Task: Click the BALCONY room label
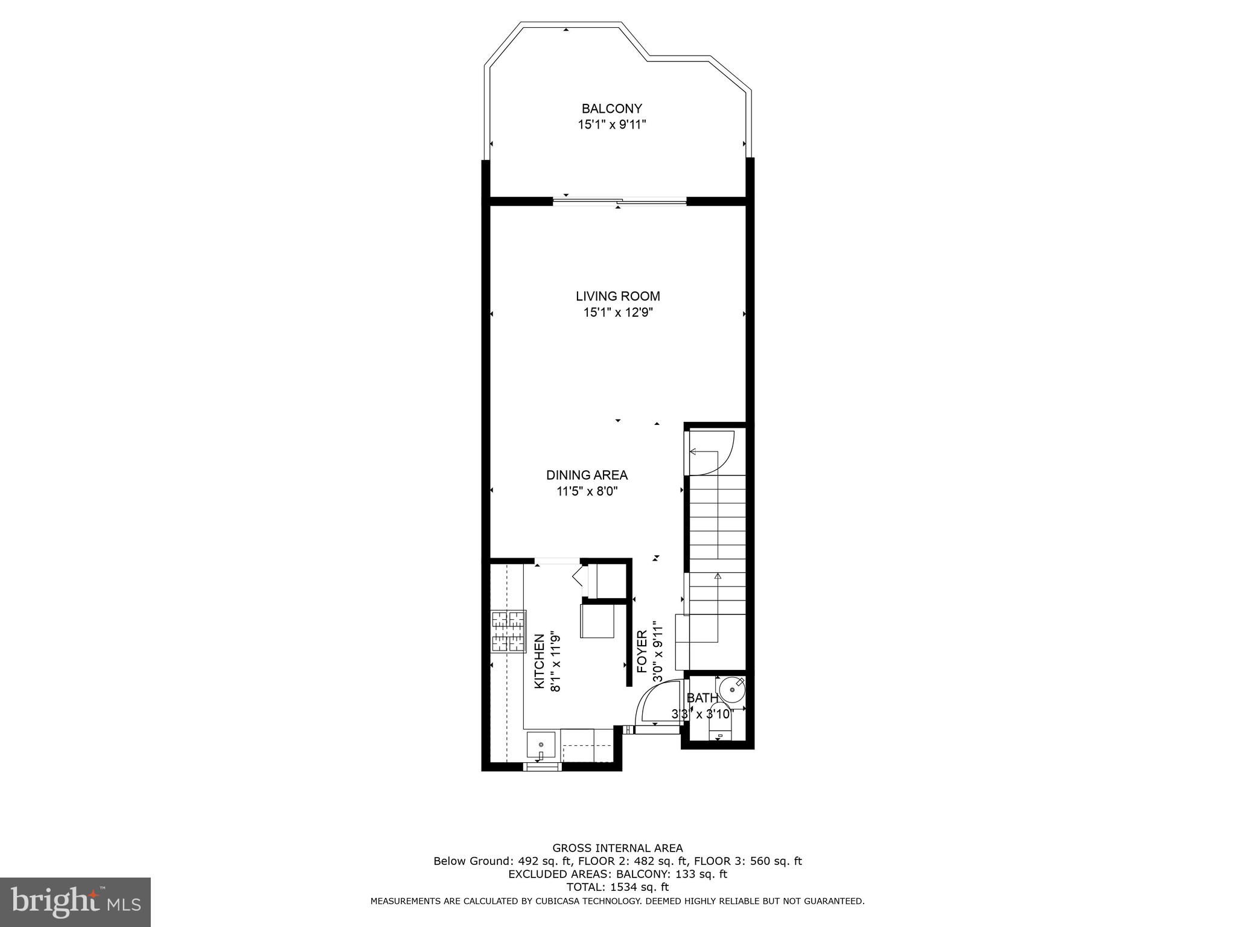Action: [x=611, y=109]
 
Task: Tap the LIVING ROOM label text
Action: [x=617, y=296]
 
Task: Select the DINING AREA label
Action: [x=587, y=476]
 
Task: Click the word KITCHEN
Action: [x=540, y=661]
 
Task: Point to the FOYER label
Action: [x=642, y=651]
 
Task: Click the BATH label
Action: [x=702, y=698]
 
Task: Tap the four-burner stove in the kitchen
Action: [x=509, y=631]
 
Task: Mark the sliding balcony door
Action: [x=620, y=202]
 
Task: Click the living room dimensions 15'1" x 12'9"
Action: [x=617, y=313]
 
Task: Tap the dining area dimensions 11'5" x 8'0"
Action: [x=587, y=491]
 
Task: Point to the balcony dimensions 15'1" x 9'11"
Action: [x=611, y=125]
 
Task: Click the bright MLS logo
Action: [x=75, y=902]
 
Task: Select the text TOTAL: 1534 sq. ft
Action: [x=617, y=887]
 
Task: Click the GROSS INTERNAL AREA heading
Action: [x=617, y=848]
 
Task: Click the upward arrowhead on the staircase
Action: [x=718, y=576]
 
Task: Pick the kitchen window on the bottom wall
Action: [x=541, y=767]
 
